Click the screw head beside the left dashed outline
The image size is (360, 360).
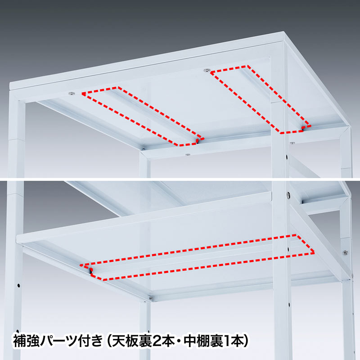(72, 93)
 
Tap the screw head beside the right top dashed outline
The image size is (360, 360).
(207, 70)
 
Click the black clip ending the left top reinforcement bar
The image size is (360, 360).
(198, 141)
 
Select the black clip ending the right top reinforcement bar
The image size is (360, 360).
(304, 128)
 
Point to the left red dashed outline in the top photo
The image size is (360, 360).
(142, 116)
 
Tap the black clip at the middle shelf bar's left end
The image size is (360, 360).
(91, 271)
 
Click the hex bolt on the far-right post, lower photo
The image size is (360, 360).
(345, 253)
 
